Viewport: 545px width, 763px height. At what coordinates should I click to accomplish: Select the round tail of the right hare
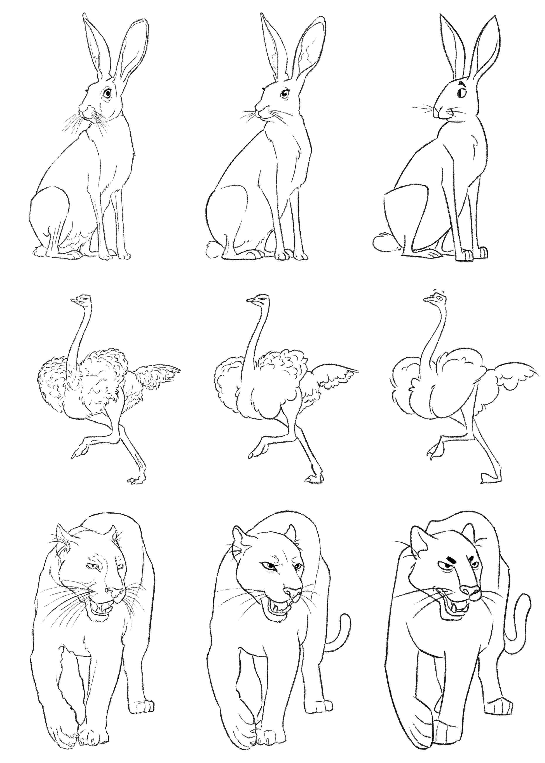coord(383,242)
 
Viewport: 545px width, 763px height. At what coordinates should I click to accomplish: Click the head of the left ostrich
coord(81,299)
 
